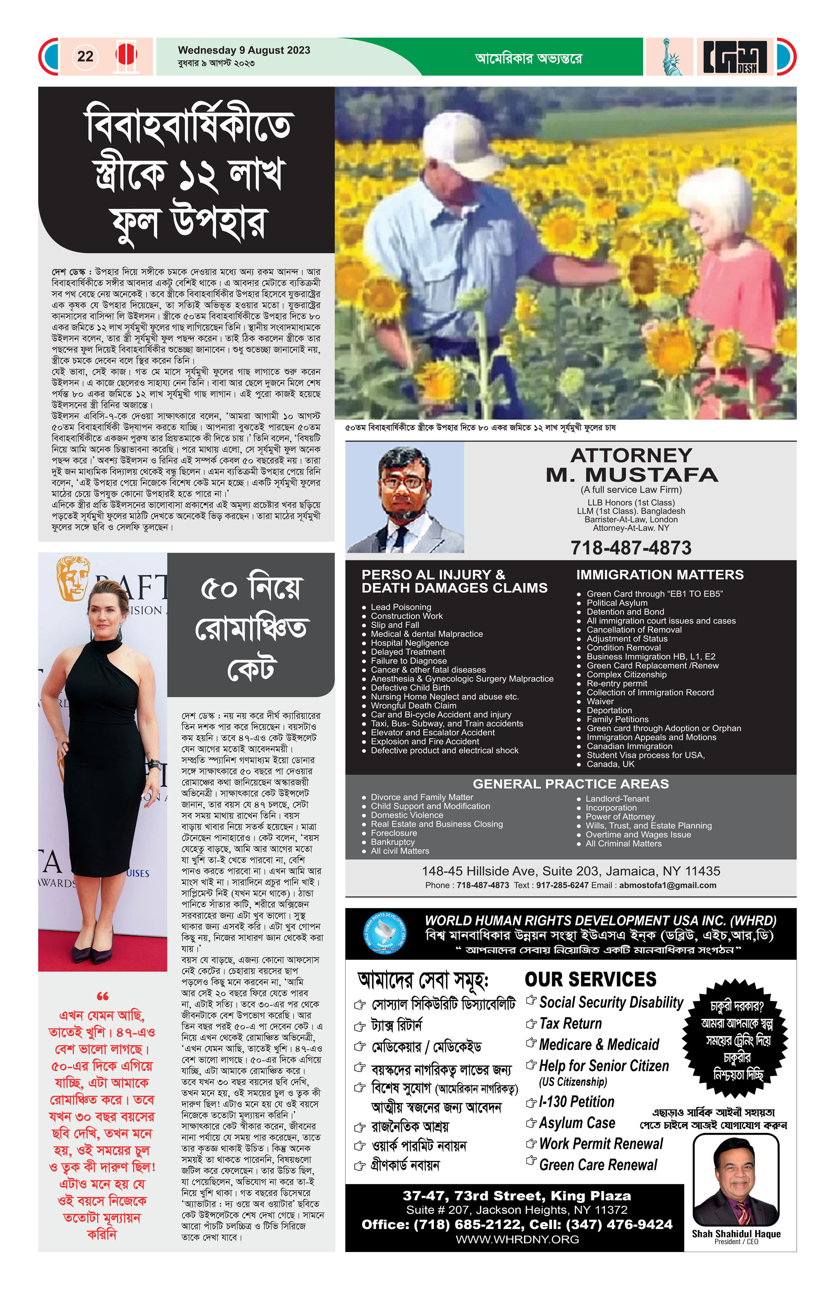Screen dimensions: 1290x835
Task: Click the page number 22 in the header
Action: (85, 57)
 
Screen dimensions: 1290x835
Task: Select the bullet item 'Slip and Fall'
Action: (395, 625)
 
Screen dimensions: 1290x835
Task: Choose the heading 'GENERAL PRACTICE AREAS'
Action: (570, 784)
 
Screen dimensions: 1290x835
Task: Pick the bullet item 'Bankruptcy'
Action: (392, 842)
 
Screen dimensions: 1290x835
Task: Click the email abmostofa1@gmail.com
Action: (668, 885)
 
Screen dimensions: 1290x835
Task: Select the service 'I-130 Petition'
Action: (577, 1102)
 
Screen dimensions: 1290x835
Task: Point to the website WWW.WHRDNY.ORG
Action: (517, 1239)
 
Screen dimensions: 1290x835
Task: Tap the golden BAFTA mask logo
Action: (73, 579)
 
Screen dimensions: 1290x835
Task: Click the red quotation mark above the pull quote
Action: (102, 996)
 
